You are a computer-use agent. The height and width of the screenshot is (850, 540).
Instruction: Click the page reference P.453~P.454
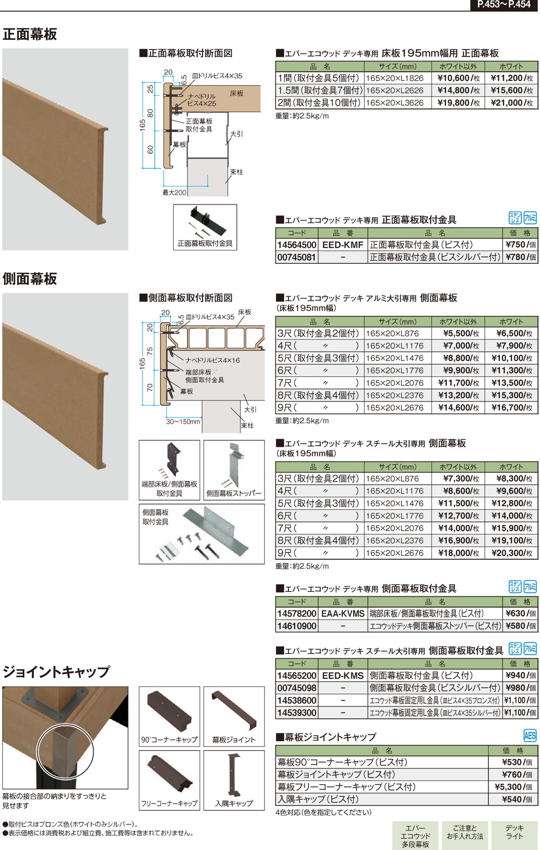tap(503, 5)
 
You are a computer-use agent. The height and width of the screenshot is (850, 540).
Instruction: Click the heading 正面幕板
tap(30, 34)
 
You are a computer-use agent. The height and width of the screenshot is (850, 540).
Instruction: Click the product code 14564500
tap(296, 245)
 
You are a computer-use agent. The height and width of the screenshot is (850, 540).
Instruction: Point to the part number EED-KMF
tap(343, 245)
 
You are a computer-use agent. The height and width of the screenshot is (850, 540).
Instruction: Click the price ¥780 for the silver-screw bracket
tap(521, 257)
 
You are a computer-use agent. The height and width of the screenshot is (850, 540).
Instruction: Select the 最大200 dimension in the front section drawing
tap(174, 193)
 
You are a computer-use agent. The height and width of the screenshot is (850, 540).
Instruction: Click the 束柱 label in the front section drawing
tap(237, 172)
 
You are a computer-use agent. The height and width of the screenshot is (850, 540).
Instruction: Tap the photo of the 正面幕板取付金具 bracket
tap(204, 222)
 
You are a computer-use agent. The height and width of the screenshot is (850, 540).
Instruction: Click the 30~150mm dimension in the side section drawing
tap(183, 421)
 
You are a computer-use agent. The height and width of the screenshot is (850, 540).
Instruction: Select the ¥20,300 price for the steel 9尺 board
tap(511, 553)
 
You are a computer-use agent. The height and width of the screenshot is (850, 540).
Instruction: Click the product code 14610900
tap(296, 626)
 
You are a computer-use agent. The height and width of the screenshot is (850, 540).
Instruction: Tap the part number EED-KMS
tap(343, 676)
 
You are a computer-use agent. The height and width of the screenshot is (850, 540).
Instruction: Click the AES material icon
tap(530, 736)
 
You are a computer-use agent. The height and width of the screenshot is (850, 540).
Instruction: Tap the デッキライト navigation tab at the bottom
tap(515, 832)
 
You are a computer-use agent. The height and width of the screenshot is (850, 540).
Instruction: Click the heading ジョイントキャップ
tap(56, 672)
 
